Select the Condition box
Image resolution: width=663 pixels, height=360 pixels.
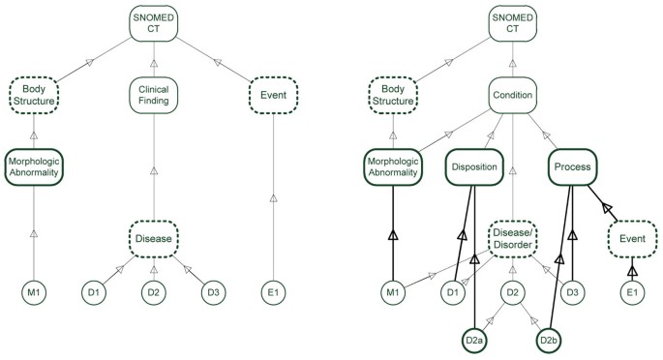click(513, 95)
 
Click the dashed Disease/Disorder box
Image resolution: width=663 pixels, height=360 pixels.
click(513, 236)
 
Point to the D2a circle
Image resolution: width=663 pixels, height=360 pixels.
click(474, 340)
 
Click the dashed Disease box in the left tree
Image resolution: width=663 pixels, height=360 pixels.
click(155, 236)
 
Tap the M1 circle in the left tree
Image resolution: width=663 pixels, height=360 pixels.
click(35, 290)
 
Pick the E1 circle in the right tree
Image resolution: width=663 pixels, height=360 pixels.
click(633, 290)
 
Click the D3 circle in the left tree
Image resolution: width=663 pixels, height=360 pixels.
click(214, 290)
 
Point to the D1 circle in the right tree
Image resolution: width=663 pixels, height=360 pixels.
click(451, 290)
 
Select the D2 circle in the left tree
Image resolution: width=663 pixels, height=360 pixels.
click(155, 290)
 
